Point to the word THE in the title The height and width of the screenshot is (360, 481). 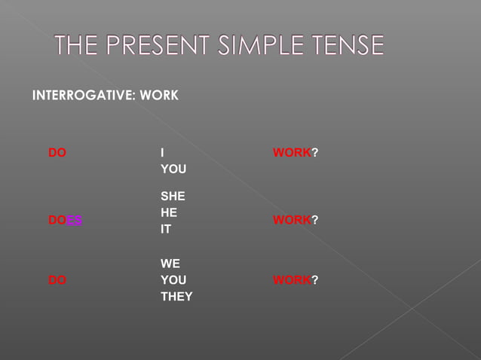coord(76,47)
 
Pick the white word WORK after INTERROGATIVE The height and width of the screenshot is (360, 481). coord(159,96)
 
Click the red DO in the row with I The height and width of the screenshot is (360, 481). coord(57,153)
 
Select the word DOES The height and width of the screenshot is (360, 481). coord(66,220)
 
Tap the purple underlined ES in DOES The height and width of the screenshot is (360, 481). coord(75,220)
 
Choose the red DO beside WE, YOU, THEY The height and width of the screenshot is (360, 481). coord(57,280)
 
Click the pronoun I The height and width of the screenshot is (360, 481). coord(163,153)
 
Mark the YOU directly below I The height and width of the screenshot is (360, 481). coord(173,169)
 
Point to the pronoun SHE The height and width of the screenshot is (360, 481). coord(173,197)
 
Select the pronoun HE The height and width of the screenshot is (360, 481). coord(169,213)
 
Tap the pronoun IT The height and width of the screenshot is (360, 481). coord(166,230)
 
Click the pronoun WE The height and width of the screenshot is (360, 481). coord(170,264)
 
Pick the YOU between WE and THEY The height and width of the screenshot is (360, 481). coord(173,280)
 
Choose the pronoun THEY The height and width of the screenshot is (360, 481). coord(176,297)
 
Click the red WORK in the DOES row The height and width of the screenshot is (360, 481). coord(292,220)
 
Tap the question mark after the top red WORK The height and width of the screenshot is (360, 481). coord(315,153)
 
